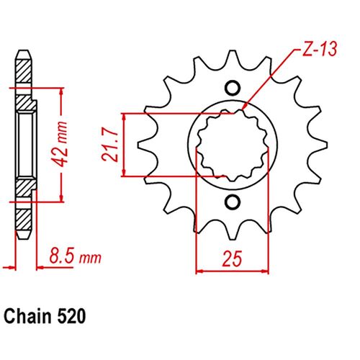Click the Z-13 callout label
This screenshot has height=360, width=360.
tap(315, 50)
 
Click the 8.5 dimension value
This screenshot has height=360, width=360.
tap(61, 255)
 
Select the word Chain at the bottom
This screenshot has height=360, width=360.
tap(25, 315)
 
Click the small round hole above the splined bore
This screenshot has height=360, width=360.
tap(232, 89)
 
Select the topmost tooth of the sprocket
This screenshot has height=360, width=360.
tap(232, 58)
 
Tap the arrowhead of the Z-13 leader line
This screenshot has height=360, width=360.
tap(246, 107)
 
